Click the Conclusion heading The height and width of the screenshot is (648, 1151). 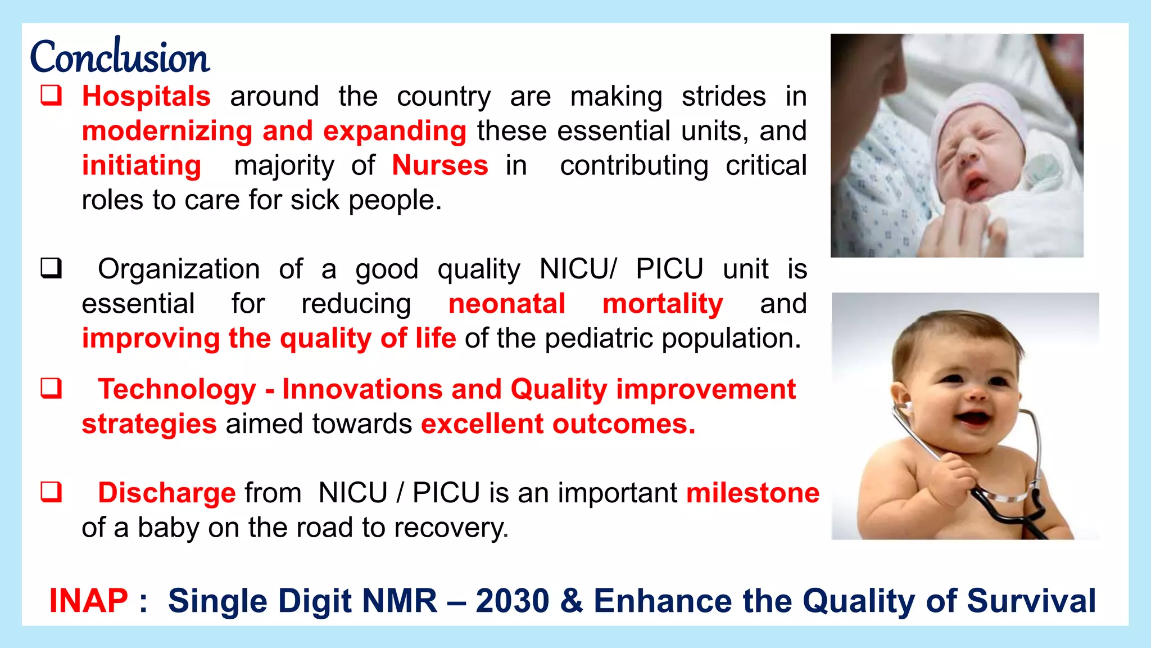coord(119,57)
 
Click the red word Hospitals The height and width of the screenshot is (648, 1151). coord(146,96)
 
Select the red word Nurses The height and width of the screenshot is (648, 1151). coord(440,165)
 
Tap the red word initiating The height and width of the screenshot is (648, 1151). coord(142,165)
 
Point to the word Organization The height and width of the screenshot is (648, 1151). coord(179,269)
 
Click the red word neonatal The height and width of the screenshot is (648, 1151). coord(506,304)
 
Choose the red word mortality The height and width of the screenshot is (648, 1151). coord(663,304)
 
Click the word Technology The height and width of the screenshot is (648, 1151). coord(177,389)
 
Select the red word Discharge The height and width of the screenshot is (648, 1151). coord(166,493)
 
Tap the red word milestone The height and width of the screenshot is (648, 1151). coord(753,493)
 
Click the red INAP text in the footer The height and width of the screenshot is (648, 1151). coord(89,601)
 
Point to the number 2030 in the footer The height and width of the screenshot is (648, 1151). coord(512,601)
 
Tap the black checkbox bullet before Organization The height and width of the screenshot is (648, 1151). coord(51,268)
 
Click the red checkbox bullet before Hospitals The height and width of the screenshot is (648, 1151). coord(51,96)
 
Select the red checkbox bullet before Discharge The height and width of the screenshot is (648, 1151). coord(51,492)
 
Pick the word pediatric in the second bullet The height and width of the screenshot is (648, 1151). coord(599,339)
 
